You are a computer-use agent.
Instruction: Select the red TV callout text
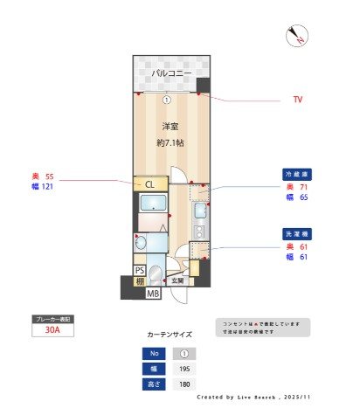tap(298, 100)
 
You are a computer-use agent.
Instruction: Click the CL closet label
tap(149, 184)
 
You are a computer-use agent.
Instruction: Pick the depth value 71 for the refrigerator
tap(303, 187)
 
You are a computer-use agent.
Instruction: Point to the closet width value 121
tap(47, 187)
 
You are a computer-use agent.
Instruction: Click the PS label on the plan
tap(140, 270)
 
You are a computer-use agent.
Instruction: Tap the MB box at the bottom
tap(153, 294)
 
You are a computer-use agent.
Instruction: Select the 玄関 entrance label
tap(177, 280)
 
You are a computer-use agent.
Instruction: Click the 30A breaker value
tap(52, 331)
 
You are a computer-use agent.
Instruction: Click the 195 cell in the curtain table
tap(184, 370)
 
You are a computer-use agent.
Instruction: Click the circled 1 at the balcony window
tap(166, 99)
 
